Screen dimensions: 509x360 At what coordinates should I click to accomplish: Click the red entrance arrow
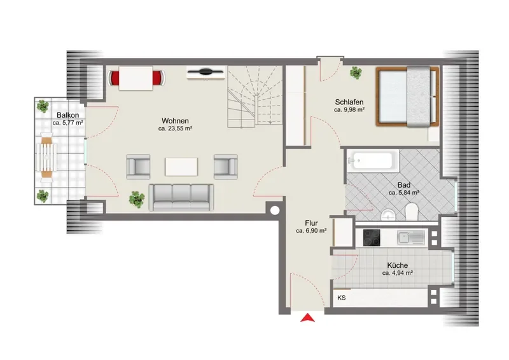[x=307, y=318]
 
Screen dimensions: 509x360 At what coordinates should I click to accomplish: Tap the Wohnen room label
[x=175, y=121]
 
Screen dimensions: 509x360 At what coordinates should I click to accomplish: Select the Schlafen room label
[x=349, y=102]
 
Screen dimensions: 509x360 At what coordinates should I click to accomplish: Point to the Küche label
[x=397, y=265]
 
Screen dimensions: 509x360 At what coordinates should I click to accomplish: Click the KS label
[x=342, y=298]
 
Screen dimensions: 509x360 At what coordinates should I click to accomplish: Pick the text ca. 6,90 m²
[x=311, y=231]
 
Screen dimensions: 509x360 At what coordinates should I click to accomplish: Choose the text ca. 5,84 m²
[x=404, y=193]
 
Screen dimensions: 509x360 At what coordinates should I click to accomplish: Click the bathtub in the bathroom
[x=373, y=160]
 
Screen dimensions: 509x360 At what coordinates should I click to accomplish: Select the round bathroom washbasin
[x=388, y=214]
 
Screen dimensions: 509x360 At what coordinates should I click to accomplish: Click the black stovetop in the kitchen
[x=372, y=238]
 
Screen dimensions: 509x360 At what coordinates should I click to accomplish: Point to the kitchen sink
[x=411, y=238]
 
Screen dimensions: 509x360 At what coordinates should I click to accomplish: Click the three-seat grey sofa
[x=181, y=197]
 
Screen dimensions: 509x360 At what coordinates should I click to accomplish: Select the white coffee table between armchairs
[x=181, y=167]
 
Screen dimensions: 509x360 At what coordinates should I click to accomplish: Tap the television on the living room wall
[x=206, y=73]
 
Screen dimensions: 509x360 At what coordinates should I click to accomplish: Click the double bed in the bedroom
[x=408, y=96]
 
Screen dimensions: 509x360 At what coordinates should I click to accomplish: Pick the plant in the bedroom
[x=356, y=73]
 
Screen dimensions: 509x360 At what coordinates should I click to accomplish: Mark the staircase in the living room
[x=254, y=97]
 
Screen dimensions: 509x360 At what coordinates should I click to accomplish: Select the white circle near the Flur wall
[x=275, y=211]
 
